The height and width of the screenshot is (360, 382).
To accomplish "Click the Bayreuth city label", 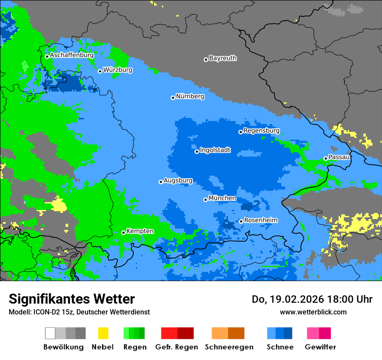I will (x=223, y=58).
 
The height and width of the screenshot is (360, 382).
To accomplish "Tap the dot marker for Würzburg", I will (x=100, y=71).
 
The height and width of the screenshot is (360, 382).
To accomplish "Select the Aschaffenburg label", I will (x=72, y=55).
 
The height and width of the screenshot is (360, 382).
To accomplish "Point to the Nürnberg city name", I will (x=190, y=96).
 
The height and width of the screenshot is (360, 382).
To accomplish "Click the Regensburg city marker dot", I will (x=240, y=132).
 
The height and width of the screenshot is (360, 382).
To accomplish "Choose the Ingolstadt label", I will (x=215, y=150).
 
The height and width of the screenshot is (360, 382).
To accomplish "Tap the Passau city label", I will (x=339, y=157).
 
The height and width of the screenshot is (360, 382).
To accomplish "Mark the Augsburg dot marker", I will (x=161, y=182).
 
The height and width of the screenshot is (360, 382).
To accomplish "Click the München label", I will (x=222, y=198).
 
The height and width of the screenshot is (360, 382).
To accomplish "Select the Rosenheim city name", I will (x=260, y=220).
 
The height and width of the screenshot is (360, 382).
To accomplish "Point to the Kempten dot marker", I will (x=123, y=232).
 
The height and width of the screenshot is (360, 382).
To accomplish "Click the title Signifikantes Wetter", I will (x=72, y=299).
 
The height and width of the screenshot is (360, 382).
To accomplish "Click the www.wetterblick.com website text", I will (x=313, y=312).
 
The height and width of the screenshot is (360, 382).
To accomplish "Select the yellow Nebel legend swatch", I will (x=103, y=333).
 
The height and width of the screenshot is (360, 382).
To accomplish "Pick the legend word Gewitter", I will (x=320, y=347).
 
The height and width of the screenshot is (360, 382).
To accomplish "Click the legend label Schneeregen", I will (x=229, y=347).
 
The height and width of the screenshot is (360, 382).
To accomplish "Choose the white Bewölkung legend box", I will (x=50, y=333).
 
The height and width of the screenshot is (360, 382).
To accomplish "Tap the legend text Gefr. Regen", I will (x=176, y=347).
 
